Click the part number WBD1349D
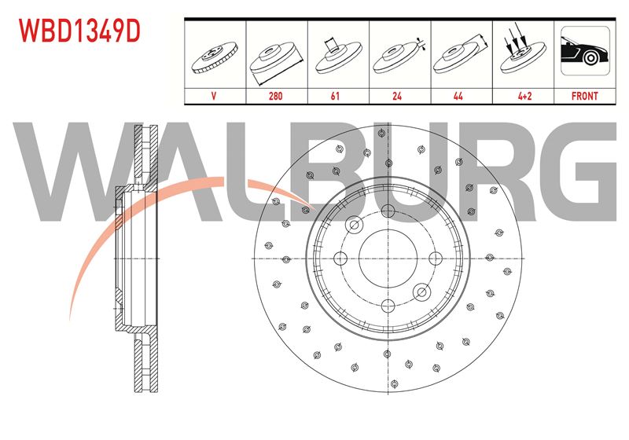tap(79, 31)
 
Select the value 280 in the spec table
tap(276, 96)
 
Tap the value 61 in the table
tap(335, 96)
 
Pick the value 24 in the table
tap(397, 96)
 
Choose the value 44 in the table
tap(458, 96)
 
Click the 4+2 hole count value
tap(524, 96)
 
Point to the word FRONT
tap(584, 96)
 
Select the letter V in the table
tap(213, 96)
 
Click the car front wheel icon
tap(585, 50)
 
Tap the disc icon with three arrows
tap(523, 52)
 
